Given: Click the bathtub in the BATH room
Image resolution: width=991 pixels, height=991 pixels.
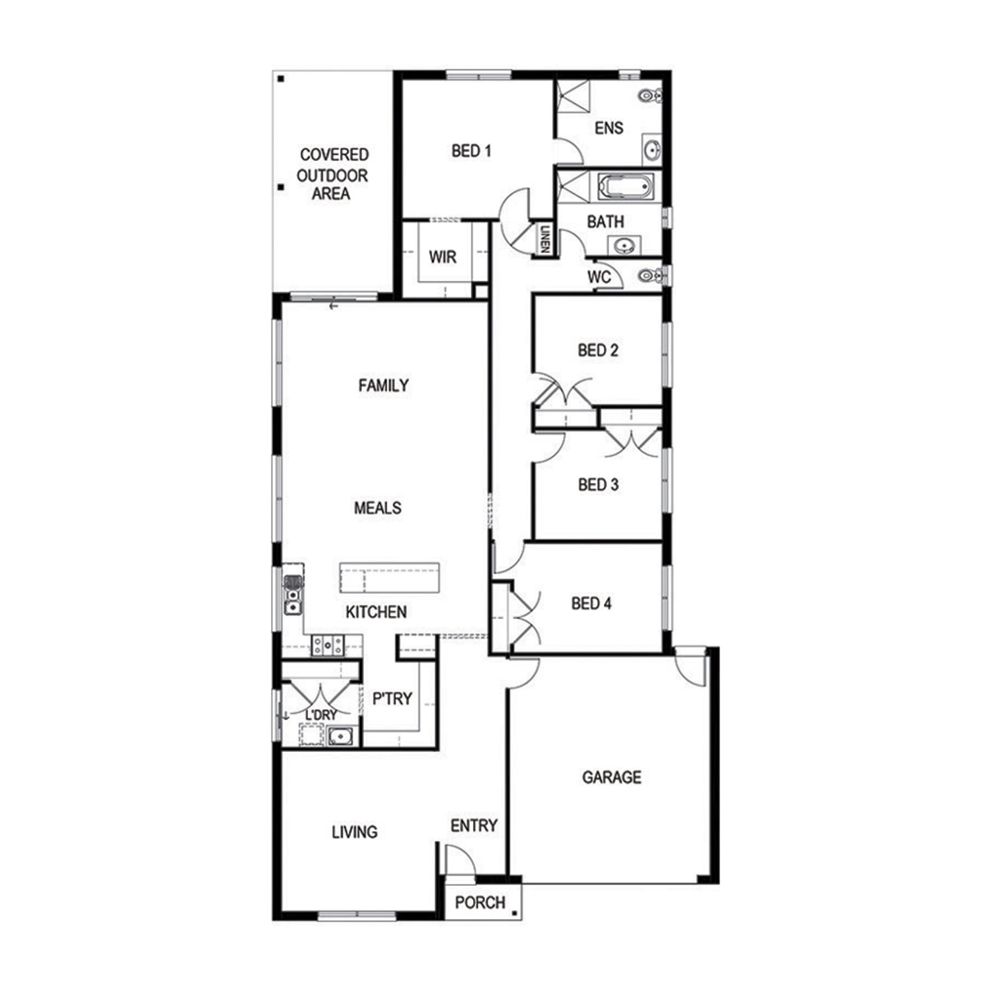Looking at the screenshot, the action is click(625, 186).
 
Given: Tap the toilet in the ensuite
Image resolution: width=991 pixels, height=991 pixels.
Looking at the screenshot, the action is click(650, 96).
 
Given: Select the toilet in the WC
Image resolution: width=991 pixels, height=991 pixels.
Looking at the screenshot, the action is click(650, 275).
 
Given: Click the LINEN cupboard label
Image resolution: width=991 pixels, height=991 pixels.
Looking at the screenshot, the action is click(544, 239).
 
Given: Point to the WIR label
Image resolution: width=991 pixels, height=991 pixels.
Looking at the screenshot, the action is click(442, 257).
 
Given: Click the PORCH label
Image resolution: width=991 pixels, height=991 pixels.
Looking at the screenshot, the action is click(480, 902).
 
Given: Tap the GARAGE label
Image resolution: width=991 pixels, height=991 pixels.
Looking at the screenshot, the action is click(611, 777).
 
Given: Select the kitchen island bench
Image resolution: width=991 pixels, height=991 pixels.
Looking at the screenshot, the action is click(389, 579).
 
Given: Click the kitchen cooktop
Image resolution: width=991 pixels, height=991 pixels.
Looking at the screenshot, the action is click(328, 645).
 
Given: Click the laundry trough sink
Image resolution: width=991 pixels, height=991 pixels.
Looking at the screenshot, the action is click(340, 735).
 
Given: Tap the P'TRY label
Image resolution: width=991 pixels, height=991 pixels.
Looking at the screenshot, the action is click(392, 698).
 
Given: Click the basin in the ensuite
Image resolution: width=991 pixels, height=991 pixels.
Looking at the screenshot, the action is click(652, 150).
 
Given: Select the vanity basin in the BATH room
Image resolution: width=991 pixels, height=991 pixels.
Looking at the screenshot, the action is click(624, 246).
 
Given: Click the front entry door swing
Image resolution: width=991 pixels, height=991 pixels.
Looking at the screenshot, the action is click(460, 860).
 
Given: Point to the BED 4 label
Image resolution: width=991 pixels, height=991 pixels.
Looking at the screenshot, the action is click(591, 603).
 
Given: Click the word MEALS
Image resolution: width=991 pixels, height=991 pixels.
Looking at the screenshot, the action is click(377, 508).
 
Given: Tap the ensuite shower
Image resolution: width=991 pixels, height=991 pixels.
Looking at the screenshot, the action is click(572, 98).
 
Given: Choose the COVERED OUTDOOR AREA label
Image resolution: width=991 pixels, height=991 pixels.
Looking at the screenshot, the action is click(332, 174).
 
